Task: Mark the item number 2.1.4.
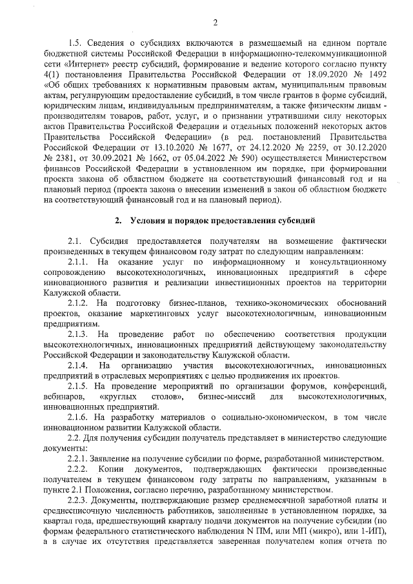(77, 365)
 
